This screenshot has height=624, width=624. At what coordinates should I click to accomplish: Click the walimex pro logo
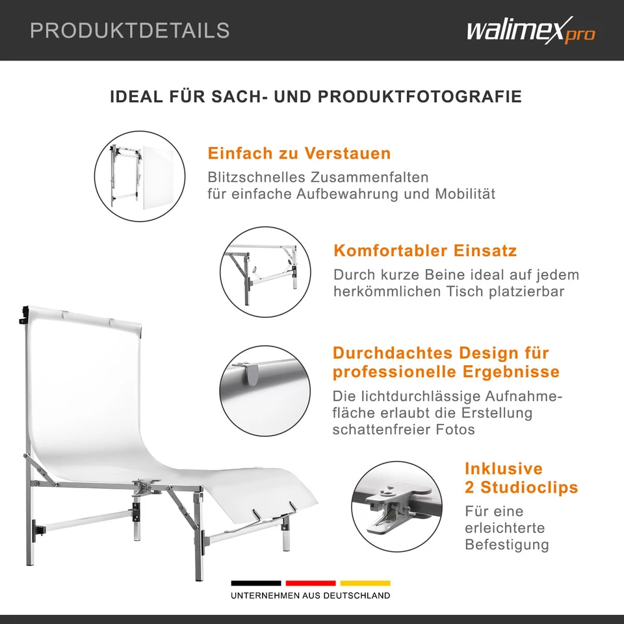tap(530, 30)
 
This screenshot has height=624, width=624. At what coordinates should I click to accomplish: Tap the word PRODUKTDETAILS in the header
tap(130, 30)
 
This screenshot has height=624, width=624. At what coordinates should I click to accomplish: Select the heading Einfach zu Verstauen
tap(299, 154)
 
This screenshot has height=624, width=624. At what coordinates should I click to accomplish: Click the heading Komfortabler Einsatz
tap(425, 251)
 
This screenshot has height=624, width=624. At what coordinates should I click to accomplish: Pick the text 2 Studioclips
tap(521, 487)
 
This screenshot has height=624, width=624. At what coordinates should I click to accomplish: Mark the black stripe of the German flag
tap(256, 583)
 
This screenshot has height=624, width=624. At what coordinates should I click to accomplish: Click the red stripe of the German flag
tap(311, 583)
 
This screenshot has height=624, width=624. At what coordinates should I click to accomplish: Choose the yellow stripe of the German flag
tap(365, 583)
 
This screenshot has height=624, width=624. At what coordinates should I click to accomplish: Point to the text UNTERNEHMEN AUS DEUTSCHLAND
tap(311, 595)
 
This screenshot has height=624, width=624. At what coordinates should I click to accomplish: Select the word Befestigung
tap(506, 545)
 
